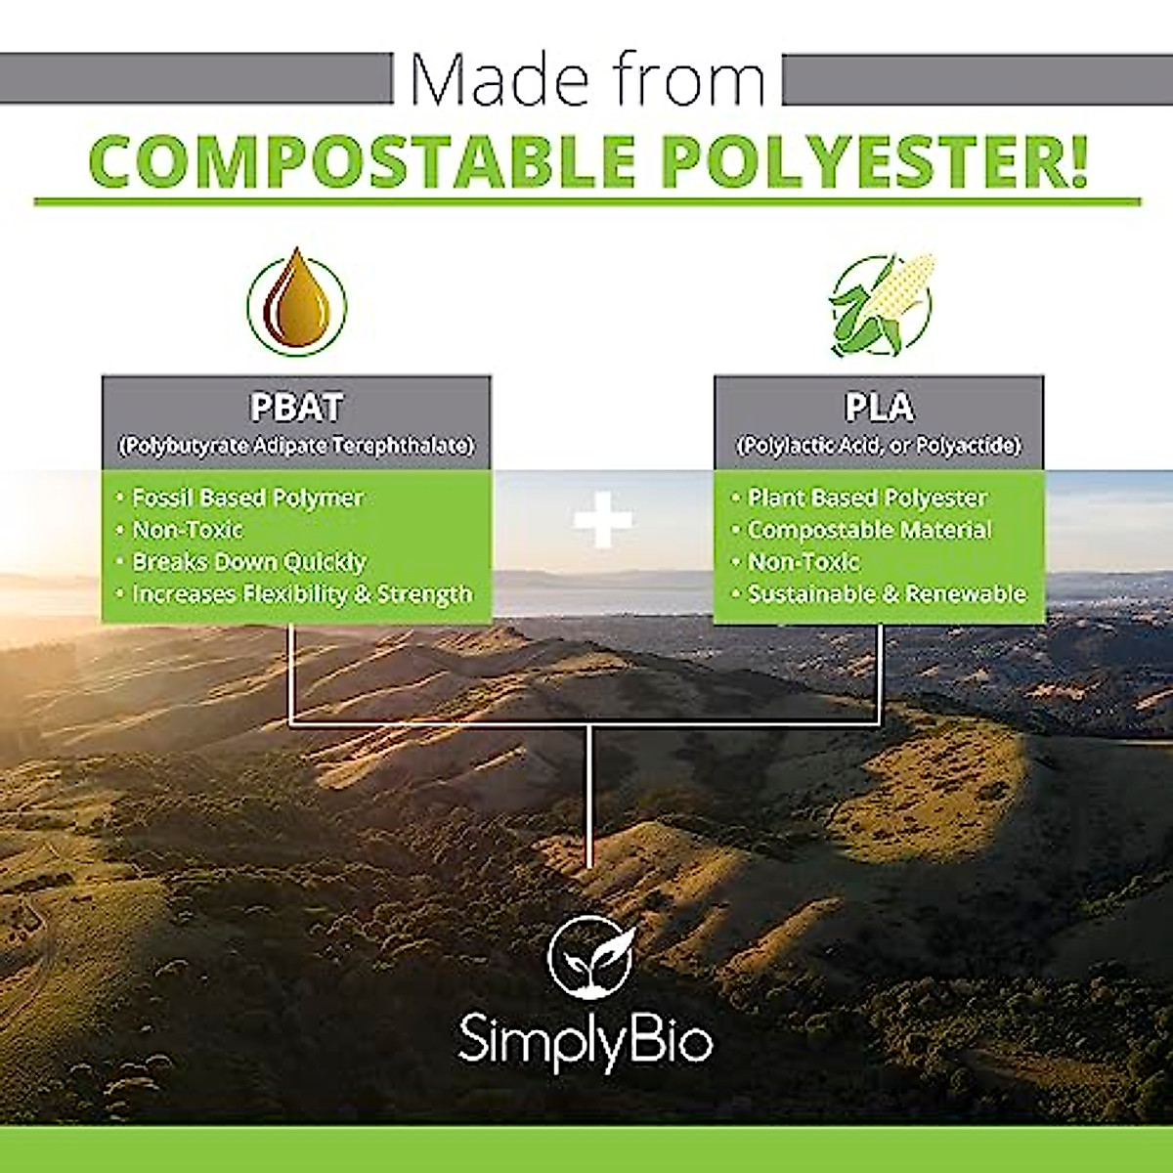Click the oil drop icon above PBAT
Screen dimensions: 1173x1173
296,302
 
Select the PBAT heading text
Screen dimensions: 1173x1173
295,407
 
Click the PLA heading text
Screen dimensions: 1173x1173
879,407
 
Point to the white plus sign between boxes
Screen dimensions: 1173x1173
602,520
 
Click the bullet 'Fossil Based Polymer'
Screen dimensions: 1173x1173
247,498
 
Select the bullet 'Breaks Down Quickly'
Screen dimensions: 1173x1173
248,562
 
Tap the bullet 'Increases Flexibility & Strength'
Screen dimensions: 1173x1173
301,594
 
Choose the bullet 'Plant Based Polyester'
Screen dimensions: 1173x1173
866,498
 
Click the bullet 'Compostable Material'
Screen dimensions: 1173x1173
868,530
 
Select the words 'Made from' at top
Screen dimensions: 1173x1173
587,80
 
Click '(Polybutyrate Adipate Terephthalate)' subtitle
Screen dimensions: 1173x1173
295,446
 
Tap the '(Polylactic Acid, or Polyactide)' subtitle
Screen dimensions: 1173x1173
879,446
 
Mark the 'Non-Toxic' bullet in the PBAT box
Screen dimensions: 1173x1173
187,530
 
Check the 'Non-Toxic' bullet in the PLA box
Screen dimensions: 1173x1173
803,562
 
